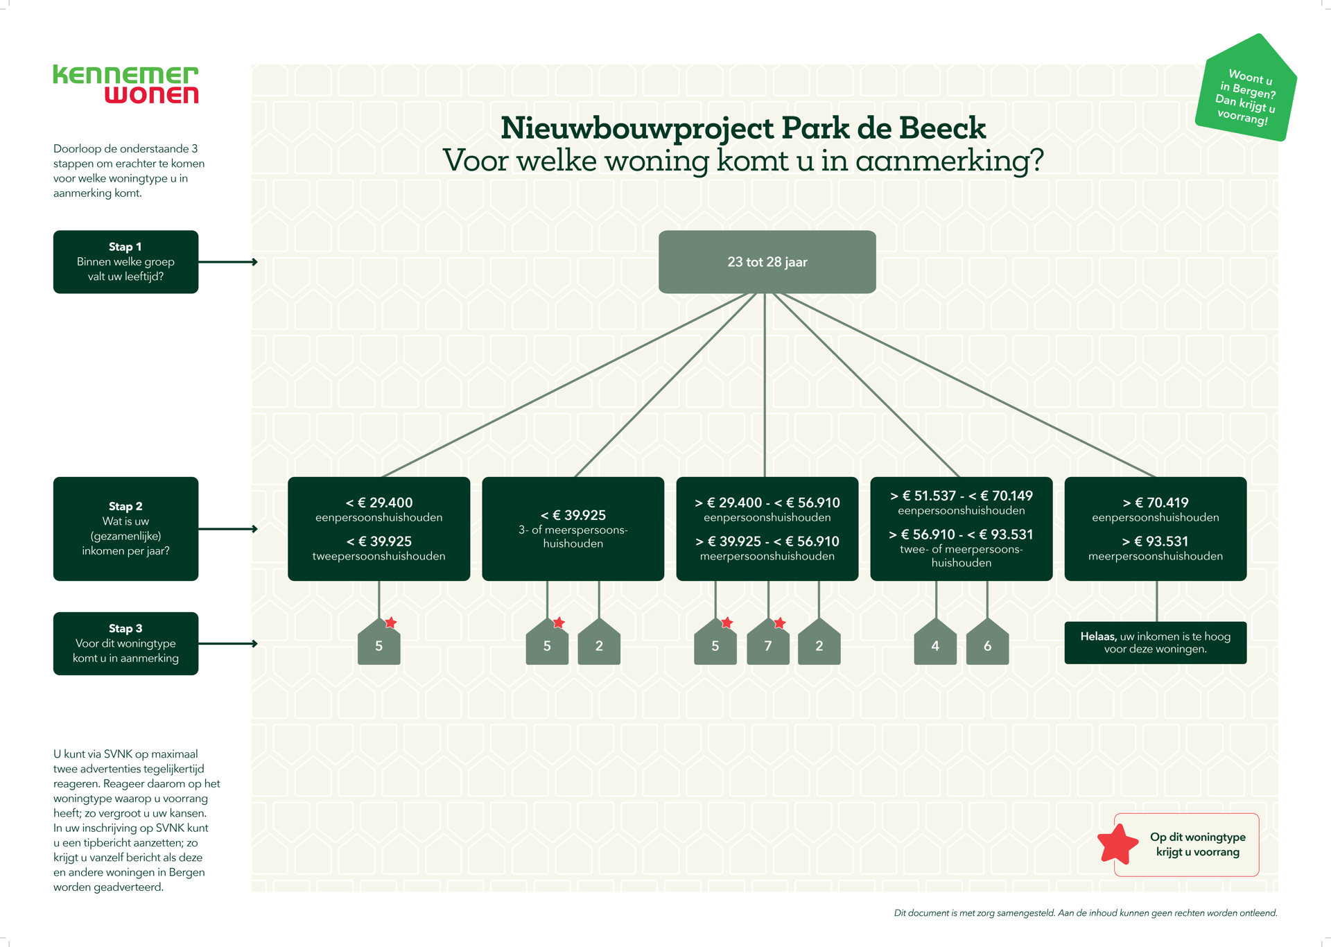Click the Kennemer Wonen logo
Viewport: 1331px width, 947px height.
pos(125,85)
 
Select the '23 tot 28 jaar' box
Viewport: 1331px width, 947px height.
pos(767,262)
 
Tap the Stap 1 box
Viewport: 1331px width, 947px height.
pos(125,262)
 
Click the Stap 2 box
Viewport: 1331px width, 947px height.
pos(125,528)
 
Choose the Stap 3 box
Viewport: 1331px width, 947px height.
pos(125,643)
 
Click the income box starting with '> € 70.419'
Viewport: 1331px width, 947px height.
pos(1155,528)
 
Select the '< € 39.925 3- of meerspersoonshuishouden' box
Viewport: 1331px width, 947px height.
pos(573,528)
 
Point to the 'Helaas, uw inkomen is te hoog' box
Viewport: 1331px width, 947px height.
pos(1155,643)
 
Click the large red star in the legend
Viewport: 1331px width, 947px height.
pos(1117,844)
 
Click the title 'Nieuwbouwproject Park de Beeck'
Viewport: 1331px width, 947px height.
pos(742,128)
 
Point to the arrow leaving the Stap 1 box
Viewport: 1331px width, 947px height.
pos(228,262)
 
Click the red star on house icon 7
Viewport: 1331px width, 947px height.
pos(780,623)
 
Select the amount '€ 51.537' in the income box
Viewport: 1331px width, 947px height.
pos(927,496)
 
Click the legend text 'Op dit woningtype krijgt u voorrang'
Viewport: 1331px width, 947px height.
pos(1197,844)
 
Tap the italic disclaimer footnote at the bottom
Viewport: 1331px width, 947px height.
pos(1085,913)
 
